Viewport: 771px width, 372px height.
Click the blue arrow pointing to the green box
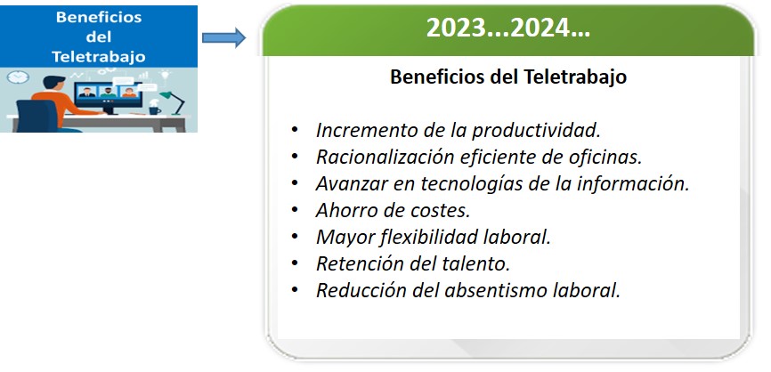coord(223,38)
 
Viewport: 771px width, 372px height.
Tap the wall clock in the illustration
coord(18,77)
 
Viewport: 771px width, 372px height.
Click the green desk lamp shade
coord(166,95)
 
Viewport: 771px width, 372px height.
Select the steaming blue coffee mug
coord(154,109)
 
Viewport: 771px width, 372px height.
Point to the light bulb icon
coord(164,75)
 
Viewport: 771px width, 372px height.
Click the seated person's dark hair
coord(53,82)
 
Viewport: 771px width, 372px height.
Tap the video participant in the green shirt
coord(108,92)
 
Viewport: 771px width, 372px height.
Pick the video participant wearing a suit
coord(87,92)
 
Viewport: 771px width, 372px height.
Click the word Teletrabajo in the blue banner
coord(98,57)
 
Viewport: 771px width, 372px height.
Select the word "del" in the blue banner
coord(98,36)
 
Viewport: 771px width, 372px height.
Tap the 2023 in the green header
coord(457,28)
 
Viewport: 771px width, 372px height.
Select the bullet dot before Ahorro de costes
coord(295,209)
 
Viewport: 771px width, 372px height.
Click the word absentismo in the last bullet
coord(496,290)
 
